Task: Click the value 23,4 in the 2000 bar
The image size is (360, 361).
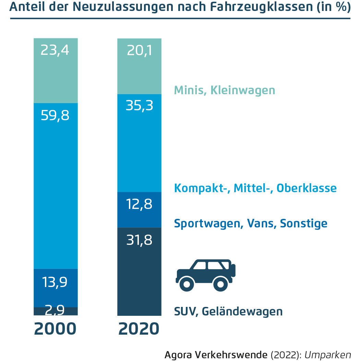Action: [55, 50]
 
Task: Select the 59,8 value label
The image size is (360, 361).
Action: [55, 115]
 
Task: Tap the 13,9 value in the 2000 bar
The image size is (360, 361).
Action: [55, 282]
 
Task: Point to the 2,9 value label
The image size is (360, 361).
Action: [55, 310]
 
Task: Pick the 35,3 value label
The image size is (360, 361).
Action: [139, 106]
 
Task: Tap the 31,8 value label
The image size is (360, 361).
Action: [139, 240]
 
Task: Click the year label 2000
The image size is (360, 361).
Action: [55, 329]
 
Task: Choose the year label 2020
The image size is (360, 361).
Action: [139, 329]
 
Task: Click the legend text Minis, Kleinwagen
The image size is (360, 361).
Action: [225, 90]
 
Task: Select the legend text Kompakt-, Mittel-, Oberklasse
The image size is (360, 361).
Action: [255, 188]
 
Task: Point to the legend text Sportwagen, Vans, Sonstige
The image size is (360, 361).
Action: [251, 223]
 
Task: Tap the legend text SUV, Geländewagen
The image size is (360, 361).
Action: [228, 312]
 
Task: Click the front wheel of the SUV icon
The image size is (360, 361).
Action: [187, 284]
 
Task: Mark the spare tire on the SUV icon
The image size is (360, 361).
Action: [233, 270]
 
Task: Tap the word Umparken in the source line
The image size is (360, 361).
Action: [328, 354]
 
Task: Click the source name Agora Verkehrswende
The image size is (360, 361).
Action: [216, 354]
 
